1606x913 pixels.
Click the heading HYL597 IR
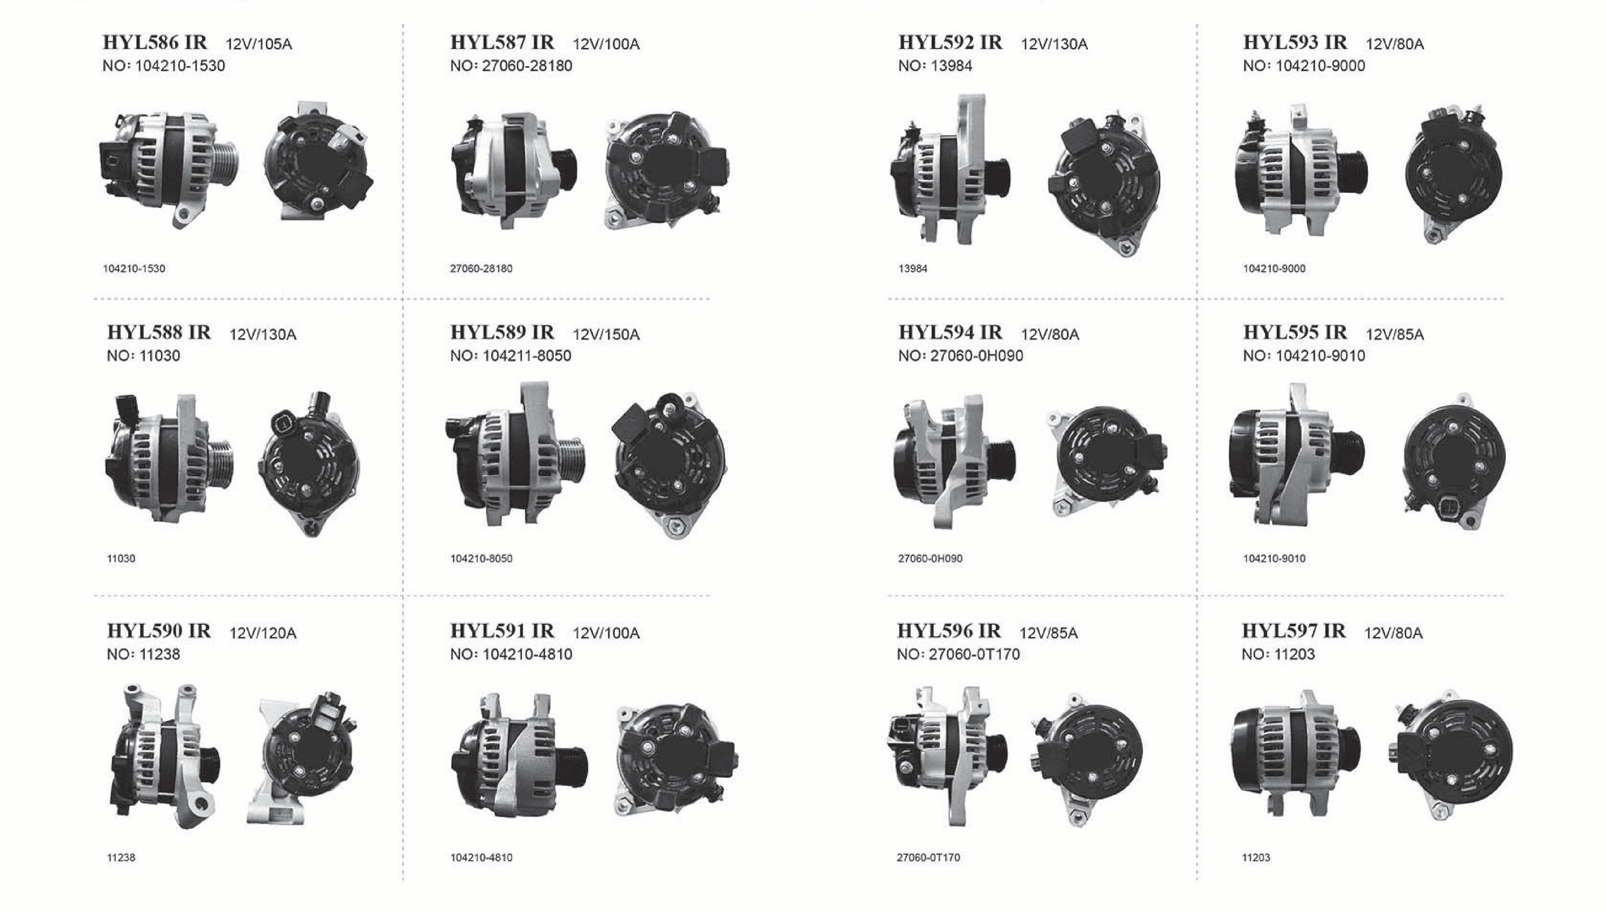1293,631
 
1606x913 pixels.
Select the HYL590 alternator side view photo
164,757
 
